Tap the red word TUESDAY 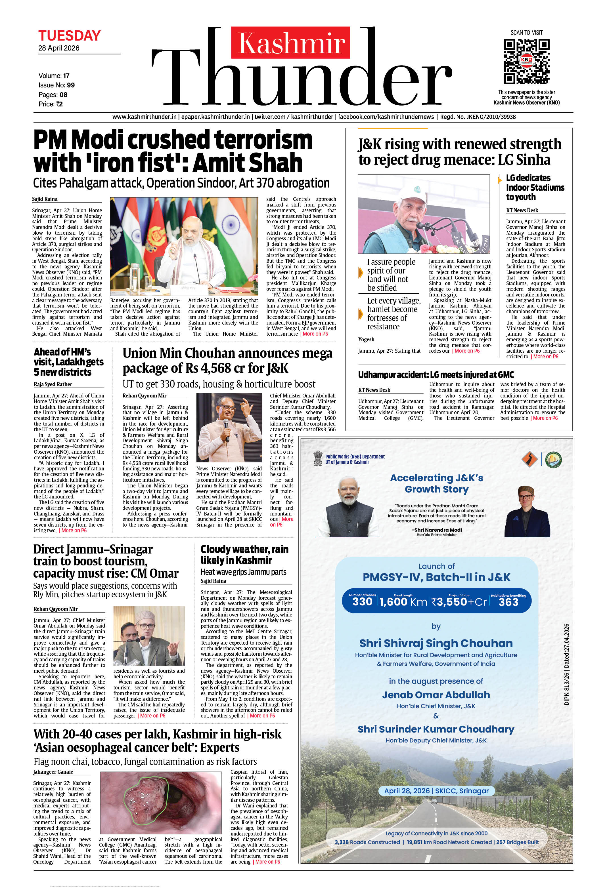click(x=69, y=36)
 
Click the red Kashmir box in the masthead click(x=290, y=42)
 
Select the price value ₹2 click(x=59, y=104)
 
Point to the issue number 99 click(x=71, y=85)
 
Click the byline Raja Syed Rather click(x=53, y=384)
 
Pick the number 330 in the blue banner click(x=362, y=602)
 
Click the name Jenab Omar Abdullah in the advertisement click(x=436, y=695)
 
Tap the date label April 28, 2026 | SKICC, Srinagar click(x=436, y=791)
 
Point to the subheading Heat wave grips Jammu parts click(x=243, y=572)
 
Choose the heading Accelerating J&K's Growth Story click(x=436, y=483)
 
